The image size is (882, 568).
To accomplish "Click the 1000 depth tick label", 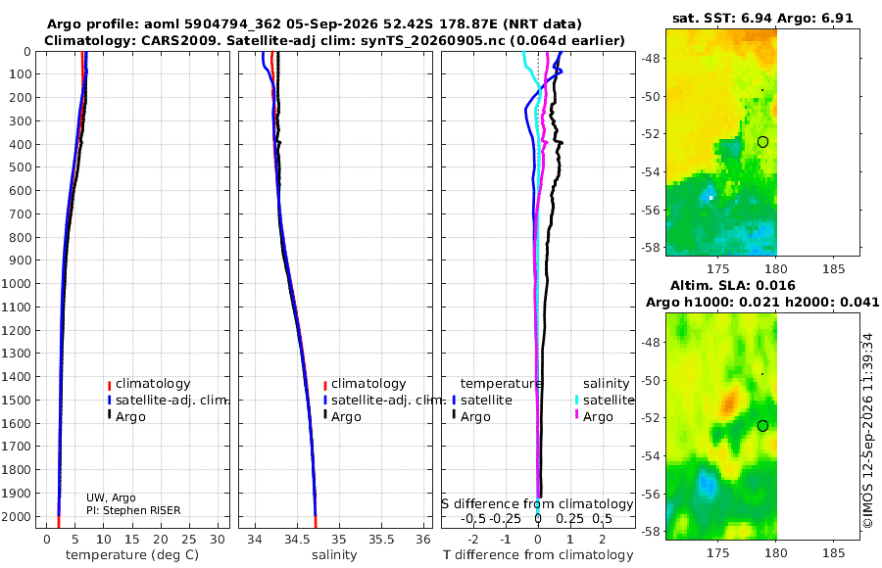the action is point(16,283).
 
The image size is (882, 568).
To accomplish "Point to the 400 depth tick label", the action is point(20,145).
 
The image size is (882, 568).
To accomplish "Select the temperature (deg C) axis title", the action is point(132,555).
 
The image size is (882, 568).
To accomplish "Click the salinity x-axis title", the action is point(334,555).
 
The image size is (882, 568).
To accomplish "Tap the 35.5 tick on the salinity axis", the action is point(381,540).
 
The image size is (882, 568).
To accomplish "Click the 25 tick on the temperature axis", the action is point(189,540).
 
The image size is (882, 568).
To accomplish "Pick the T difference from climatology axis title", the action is point(538,555).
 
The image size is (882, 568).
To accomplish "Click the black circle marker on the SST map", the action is point(762,142).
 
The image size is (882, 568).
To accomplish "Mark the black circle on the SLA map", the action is point(762,426).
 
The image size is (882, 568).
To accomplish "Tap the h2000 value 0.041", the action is point(859,303).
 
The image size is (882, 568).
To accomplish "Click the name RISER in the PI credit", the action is point(166,510).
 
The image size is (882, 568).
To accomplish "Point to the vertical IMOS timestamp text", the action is point(869,431).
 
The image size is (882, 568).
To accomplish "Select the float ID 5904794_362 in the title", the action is point(214,24).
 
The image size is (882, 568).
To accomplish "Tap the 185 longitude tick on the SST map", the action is point(833,269).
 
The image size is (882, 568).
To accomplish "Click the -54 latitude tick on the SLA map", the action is point(651,456).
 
